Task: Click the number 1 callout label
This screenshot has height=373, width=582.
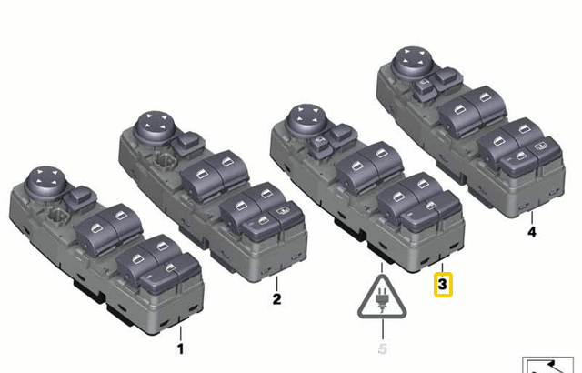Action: click(x=180, y=348)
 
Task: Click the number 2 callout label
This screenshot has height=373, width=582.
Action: click(x=277, y=297)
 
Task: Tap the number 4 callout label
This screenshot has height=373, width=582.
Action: click(x=532, y=232)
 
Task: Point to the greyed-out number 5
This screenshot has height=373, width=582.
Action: click(x=383, y=348)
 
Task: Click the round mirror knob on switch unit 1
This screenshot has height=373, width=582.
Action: click(x=45, y=179)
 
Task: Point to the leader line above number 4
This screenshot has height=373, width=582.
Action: click(x=532, y=215)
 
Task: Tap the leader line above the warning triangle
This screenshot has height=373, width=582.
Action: click(x=383, y=267)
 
